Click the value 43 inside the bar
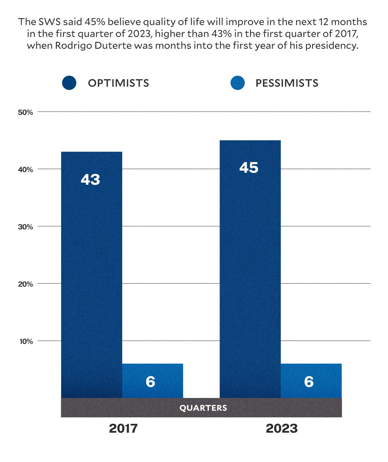pyautogui.click(x=90, y=179)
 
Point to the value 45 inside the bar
pyautogui.click(x=249, y=168)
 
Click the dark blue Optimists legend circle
pyautogui.click(x=69, y=83)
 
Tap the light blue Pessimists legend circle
pyautogui.click(x=238, y=83)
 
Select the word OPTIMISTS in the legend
pyautogui.click(x=119, y=83)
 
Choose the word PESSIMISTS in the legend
pyautogui.click(x=287, y=83)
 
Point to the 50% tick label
pyautogui.click(x=26, y=112)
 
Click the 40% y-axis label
pyautogui.click(x=26, y=170)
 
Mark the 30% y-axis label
pyautogui.click(x=26, y=227)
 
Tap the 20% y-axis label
pyautogui.click(x=26, y=284)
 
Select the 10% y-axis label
pyautogui.click(x=26, y=341)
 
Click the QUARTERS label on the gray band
pyautogui.click(x=203, y=408)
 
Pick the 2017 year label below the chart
pyautogui.click(x=123, y=429)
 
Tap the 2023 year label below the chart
pyautogui.click(x=282, y=429)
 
